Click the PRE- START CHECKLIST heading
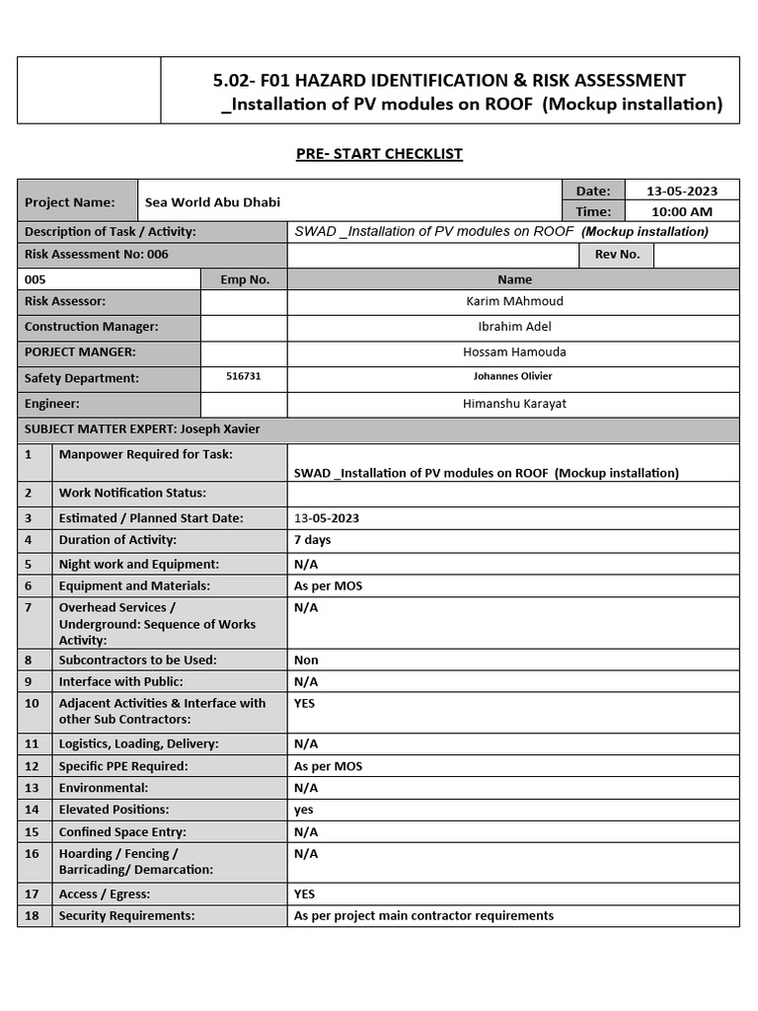tap(379, 154)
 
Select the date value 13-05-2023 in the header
tap(682, 191)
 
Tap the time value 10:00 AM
tap(682, 211)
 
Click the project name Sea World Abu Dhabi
tap(212, 202)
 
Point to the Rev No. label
tap(617, 255)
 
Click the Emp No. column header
tap(245, 279)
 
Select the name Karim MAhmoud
tap(513, 301)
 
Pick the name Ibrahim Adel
tap(513, 327)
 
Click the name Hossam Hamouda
tap(513, 352)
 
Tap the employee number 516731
tap(244, 376)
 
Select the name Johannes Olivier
tap(513, 376)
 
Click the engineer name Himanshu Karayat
tap(513, 404)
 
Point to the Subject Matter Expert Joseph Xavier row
tap(142, 429)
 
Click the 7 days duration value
tap(313, 540)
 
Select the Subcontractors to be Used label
tap(137, 660)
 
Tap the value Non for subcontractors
tap(306, 660)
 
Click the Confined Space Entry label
tap(121, 832)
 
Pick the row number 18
tap(32, 915)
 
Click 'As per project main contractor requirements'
tap(423, 915)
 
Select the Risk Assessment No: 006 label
tap(97, 255)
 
